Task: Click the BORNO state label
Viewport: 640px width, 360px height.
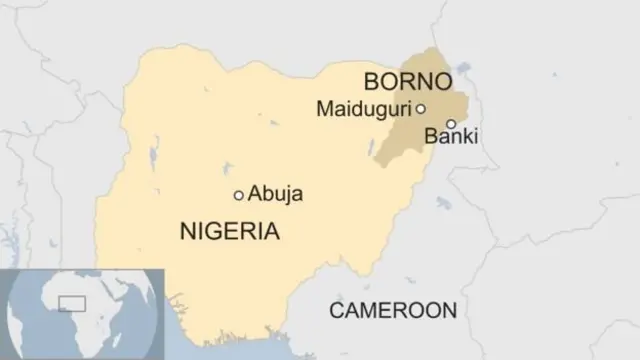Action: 407,81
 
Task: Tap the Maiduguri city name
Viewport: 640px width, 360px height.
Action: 364,108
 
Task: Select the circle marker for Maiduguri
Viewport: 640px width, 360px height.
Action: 421,109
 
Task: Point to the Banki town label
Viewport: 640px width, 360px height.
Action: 451,137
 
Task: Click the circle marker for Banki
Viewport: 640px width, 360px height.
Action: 451,124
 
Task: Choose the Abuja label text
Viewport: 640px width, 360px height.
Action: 275,194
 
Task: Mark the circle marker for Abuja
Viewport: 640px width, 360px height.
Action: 238,195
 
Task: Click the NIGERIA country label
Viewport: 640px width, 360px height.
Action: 229,232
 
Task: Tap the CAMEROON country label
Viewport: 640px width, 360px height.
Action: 393,310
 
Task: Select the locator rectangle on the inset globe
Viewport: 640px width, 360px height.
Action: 72,302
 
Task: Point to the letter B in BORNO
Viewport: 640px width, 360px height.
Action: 371,81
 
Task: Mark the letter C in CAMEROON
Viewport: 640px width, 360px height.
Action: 337,310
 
